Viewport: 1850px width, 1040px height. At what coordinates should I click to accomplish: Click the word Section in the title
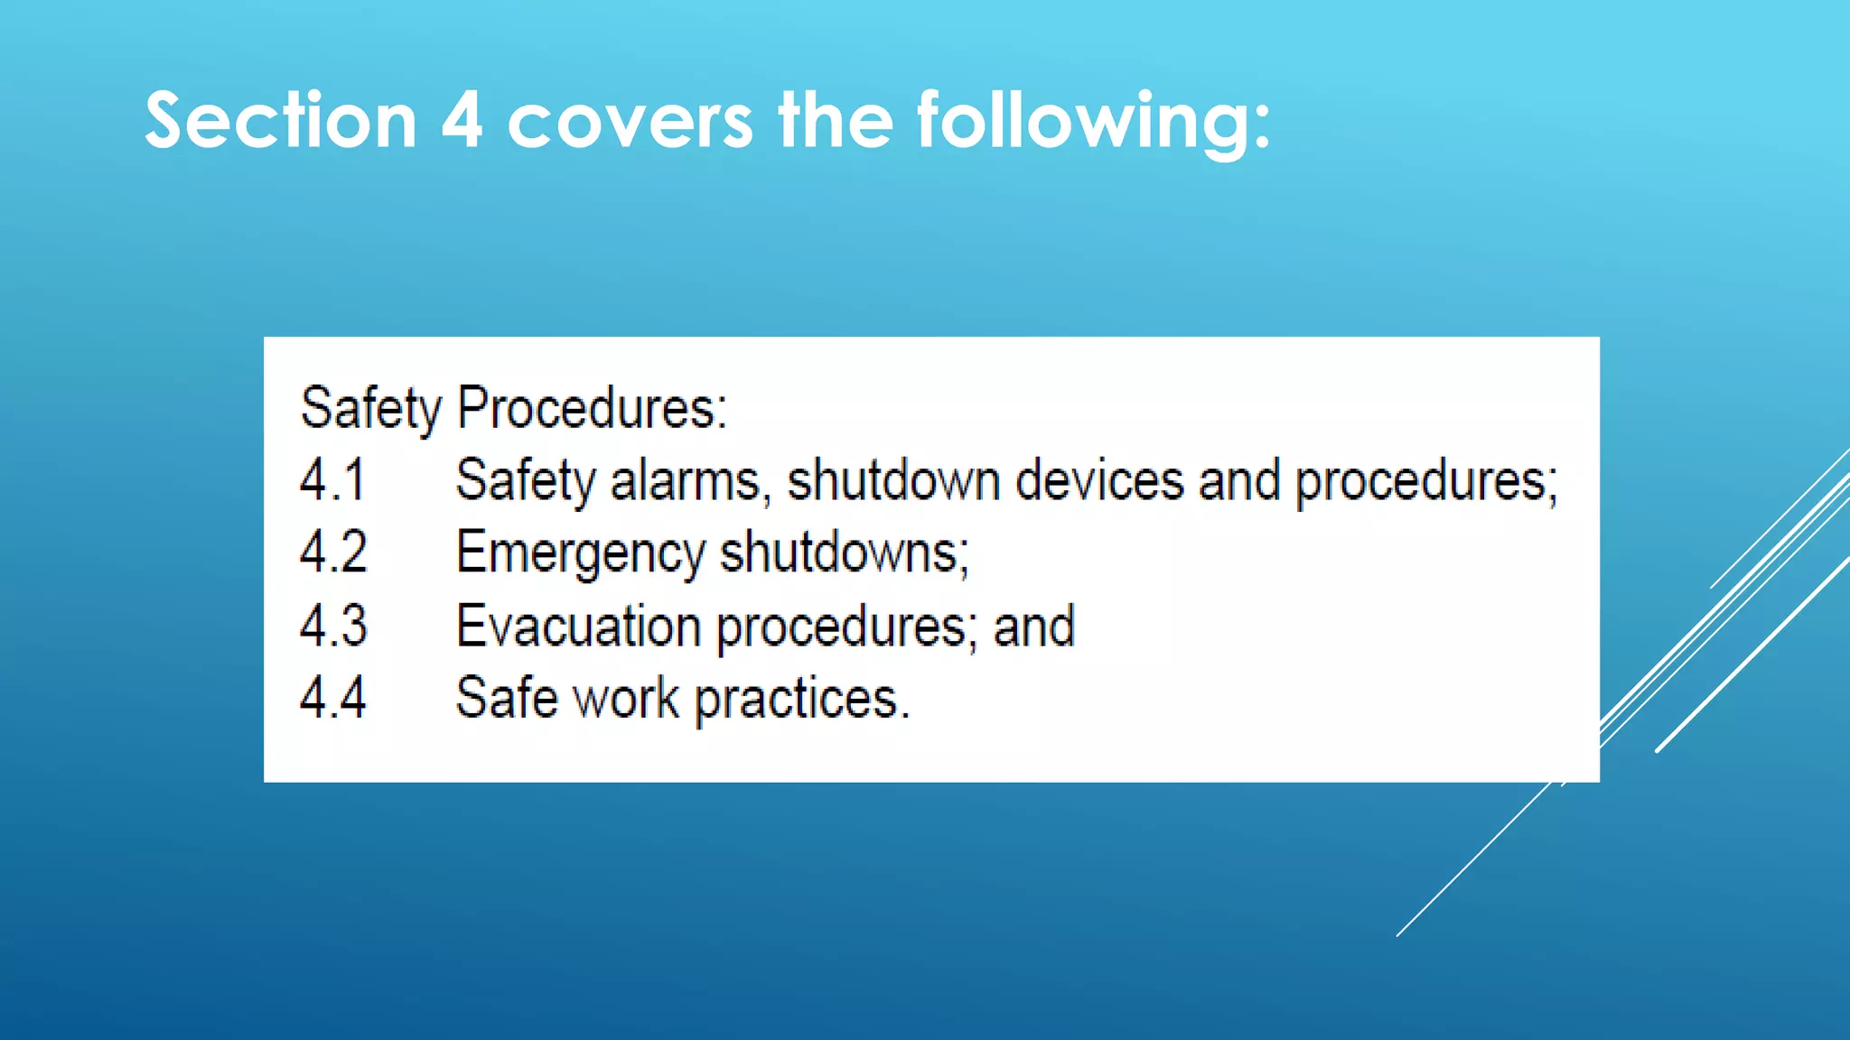point(280,121)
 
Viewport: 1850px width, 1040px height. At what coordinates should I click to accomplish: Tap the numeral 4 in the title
point(462,121)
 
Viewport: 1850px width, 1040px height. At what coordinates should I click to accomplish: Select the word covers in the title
point(630,121)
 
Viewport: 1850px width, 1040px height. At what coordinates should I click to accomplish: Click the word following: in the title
point(1094,123)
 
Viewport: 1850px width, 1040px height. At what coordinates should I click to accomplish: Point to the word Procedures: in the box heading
point(592,408)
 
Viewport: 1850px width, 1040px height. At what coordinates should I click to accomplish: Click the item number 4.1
point(332,480)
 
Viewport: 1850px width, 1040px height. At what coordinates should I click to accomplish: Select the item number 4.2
point(333,552)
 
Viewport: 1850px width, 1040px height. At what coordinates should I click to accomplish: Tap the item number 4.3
point(333,626)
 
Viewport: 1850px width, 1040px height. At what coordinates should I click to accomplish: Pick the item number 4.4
point(333,698)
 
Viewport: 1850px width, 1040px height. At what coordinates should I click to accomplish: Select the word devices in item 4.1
point(1099,480)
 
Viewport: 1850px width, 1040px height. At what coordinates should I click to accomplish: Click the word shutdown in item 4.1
point(893,480)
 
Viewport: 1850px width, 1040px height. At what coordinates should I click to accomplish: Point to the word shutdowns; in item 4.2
point(845,552)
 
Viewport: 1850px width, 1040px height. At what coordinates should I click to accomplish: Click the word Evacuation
point(578,626)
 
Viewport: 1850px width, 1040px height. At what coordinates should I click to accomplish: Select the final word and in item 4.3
point(1034,626)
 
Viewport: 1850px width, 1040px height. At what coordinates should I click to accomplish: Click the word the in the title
point(836,121)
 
